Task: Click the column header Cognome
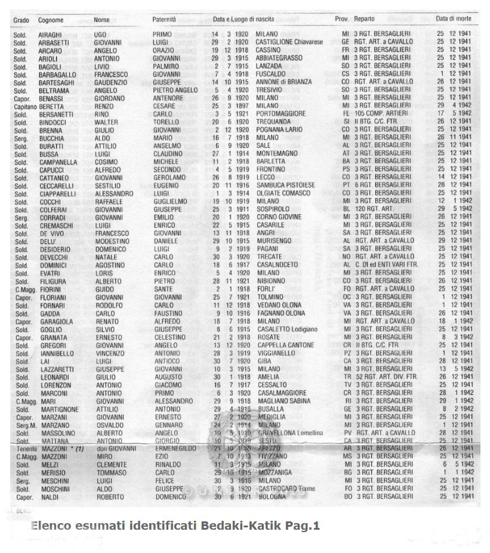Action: pos(51,20)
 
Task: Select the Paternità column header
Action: pos(164,20)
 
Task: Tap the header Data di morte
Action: pos(454,19)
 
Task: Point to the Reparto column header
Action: pos(364,20)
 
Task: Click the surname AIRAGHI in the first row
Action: pos(50,35)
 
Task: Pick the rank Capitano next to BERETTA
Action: pos(24,106)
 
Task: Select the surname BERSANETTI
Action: pos(57,113)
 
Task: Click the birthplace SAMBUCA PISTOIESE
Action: pos(285,186)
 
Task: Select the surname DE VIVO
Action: pos(52,233)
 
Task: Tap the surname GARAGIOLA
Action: pos(56,322)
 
